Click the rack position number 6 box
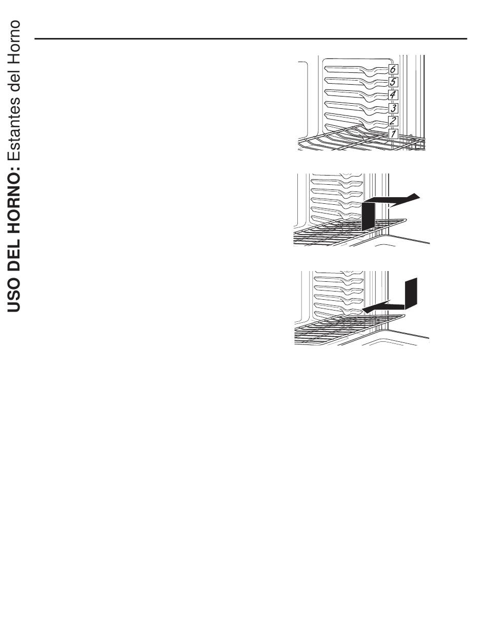click(x=393, y=69)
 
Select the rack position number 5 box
click(x=393, y=82)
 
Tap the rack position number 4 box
click(x=393, y=95)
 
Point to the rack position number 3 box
click(x=393, y=108)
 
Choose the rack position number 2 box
click(x=393, y=121)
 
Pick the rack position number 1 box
click(x=393, y=134)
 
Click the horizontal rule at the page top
click(x=251, y=38)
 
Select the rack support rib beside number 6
click(x=356, y=70)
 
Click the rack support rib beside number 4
click(x=356, y=94)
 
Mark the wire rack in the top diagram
click(x=361, y=139)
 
